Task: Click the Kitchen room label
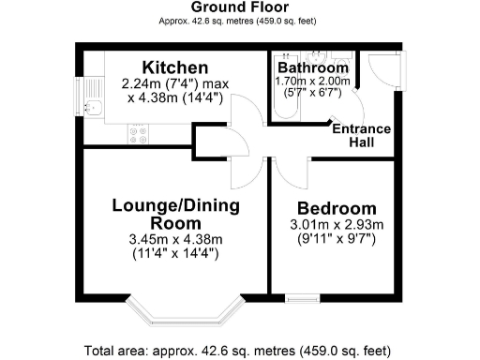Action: (174, 67)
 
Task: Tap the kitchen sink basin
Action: (93, 108)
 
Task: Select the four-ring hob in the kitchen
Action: (139, 136)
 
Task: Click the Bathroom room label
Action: (313, 68)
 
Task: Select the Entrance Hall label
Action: (367, 135)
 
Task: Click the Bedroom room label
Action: (337, 208)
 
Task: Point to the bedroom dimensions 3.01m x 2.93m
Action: (337, 225)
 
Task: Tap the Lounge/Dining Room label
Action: (175, 214)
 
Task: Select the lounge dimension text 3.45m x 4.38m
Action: (175, 241)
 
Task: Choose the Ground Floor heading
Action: (239, 7)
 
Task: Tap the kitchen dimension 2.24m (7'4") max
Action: (175, 83)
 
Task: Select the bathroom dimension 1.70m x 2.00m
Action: (313, 82)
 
